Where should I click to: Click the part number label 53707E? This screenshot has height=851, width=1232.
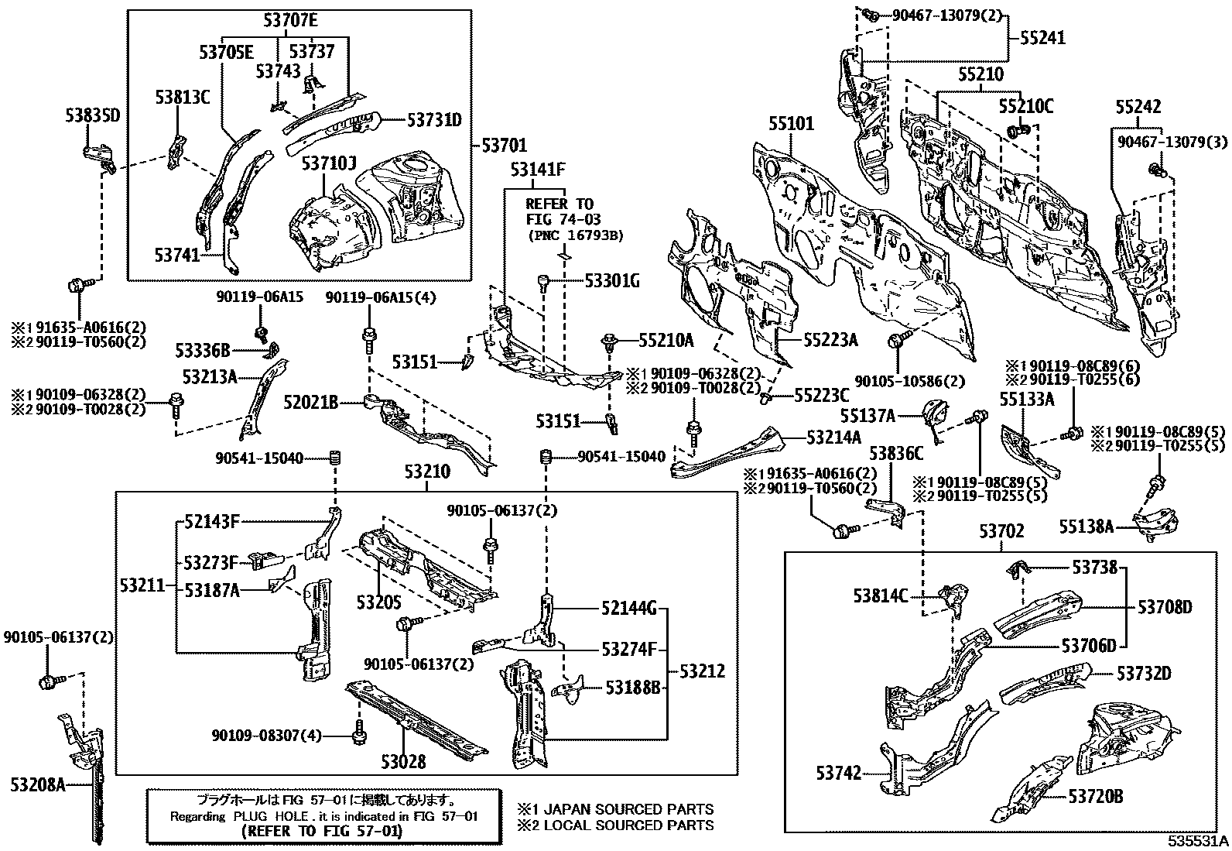[290, 21]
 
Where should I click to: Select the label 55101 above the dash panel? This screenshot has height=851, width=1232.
[791, 124]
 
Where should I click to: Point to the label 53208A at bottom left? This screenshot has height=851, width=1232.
[37, 785]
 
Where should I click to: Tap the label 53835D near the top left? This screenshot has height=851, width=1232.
[91, 116]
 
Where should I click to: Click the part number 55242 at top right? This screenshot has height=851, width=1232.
[1138, 107]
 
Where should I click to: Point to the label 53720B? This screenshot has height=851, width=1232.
[1096, 796]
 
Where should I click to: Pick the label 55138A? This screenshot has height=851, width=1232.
[1086, 527]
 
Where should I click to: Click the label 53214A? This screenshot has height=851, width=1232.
[833, 438]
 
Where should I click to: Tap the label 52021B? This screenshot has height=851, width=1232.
[310, 403]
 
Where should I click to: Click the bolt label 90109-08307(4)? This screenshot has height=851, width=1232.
[265, 735]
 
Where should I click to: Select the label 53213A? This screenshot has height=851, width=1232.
[209, 377]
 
